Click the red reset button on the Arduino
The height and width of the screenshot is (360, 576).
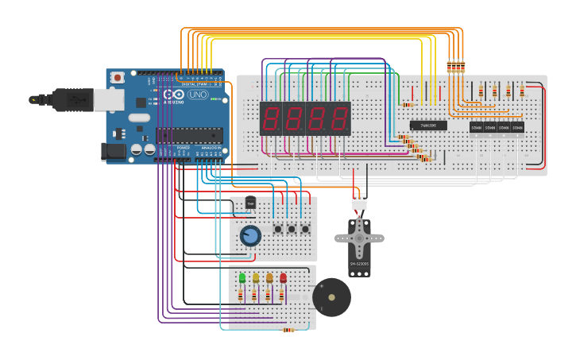click(x=118, y=77)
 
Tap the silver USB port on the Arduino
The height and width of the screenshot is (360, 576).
click(x=108, y=99)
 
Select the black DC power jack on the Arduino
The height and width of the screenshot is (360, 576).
click(x=114, y=152)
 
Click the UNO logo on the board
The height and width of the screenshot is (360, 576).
click(x=198, y=95)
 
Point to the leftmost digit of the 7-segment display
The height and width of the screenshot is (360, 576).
click(x=271, y=119)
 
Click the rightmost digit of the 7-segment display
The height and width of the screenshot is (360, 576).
click(x=339, y=119)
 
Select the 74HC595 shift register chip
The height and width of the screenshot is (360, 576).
click(x=428, y=126)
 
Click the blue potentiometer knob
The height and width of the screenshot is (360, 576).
click(x=250, y=235)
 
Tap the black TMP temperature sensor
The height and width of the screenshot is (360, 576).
click(x=250, y=203)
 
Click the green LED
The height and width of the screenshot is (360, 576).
click(x=242, y=278)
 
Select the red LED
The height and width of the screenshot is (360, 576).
click(x=283, y=278)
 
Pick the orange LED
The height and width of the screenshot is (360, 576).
click(x=269, y=278)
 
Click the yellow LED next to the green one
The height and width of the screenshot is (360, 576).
click(x=256, y=278)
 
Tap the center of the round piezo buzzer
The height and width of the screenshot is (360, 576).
click(x=331, y=297)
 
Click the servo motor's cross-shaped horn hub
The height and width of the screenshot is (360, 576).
click(x=359, y=237)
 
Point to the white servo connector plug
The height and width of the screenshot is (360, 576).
click(x=359, y=203)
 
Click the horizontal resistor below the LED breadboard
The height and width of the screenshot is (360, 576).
click(x=288, y=330)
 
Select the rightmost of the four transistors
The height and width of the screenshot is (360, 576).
click(x=517, y=127)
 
